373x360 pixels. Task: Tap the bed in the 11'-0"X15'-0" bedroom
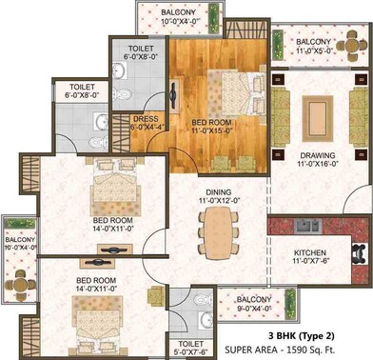[x=221, y=88]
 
